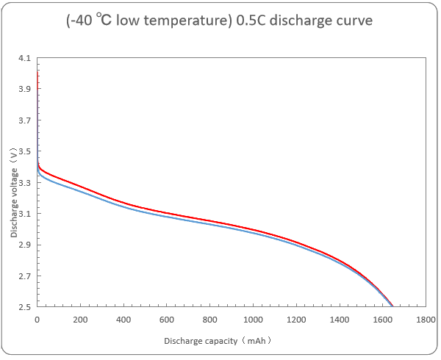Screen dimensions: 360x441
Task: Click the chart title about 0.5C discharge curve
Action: [x=218, y=21]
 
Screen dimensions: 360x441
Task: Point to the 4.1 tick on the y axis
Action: [x=25, y=58]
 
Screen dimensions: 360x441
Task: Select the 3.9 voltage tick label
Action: [x=25, y=89]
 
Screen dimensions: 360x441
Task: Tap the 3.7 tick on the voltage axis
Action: [x=25, y=120]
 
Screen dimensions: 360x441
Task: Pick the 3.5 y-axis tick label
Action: [x=25, y=151]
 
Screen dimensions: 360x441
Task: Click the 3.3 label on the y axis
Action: [x=25, y=183]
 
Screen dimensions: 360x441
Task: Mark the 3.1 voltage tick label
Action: [x=25, y=214]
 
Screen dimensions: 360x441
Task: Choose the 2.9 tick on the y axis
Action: [x=25, y=245]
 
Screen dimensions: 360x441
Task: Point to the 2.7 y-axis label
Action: [x=25, y=276]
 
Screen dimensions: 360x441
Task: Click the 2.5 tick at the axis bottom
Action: [x=25, y=307]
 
